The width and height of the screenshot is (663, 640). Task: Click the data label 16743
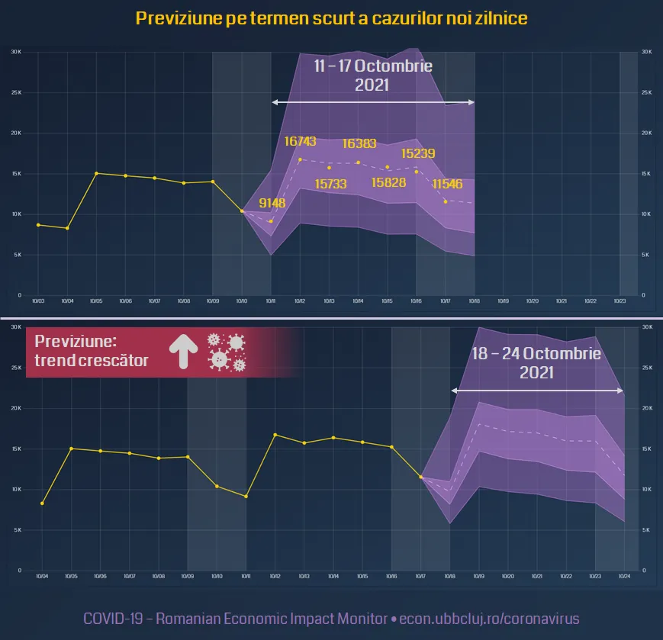[300, 141]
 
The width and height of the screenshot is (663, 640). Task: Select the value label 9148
[272, 203]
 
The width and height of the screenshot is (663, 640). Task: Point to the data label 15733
[330, 184]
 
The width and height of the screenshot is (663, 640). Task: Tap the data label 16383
[358, 143]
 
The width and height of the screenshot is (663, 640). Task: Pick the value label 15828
[388, 182]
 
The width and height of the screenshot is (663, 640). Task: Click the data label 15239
[418, 153]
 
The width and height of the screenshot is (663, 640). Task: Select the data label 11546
[448, 184]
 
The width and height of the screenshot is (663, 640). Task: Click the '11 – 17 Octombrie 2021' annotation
[373, 76]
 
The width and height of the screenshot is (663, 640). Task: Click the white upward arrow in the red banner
[182, 352]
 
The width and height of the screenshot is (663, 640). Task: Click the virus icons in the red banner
[228, 352]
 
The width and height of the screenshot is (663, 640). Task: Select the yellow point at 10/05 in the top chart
[96, 173]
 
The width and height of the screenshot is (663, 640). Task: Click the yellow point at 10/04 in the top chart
[67, 228]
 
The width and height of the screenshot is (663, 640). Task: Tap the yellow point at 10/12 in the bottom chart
[275, 435]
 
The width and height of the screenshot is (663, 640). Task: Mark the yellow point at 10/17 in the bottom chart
[421, 477]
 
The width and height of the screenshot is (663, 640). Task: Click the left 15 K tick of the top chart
[16, 174]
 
